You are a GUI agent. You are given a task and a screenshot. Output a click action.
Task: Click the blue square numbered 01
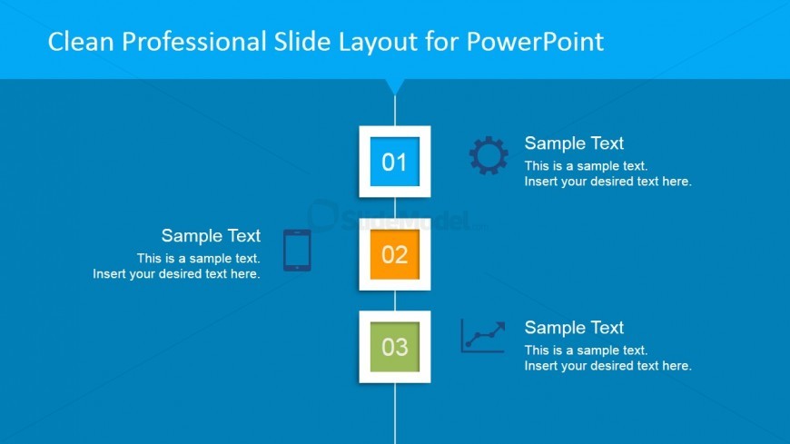point(394,162)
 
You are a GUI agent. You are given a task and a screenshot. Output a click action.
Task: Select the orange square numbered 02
point(394,254)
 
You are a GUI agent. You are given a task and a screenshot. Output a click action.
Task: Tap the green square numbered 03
point(394,347)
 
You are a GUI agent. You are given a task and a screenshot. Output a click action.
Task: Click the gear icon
point(489,156)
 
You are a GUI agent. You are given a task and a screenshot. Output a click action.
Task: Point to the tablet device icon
point(297,251)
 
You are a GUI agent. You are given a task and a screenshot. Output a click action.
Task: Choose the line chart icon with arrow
point(483,336)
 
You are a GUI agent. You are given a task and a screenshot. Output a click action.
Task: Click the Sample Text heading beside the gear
point(574,143)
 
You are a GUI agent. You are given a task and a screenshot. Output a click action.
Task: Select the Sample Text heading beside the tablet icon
point(211,235)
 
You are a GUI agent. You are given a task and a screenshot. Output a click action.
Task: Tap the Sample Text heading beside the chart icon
point(574,328)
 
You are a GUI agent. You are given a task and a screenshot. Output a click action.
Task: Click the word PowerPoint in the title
point(535,42)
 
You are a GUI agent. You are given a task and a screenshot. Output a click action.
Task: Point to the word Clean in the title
point(81,42)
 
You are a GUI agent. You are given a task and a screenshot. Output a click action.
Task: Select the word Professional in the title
point(194,42)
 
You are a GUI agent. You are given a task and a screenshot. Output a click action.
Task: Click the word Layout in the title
point(378,43)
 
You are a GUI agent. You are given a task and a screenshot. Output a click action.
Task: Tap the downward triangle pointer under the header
point(394,85)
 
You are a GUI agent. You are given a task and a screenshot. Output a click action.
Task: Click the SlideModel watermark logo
point(397,217)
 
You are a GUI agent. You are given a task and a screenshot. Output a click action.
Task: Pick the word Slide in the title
point(302,42)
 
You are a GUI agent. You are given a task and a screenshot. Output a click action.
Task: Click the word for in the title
point(442,42)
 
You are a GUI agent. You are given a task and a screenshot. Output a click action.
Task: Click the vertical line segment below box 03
point(394,413)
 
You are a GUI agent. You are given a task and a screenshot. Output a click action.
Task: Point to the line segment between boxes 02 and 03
point(394,301)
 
